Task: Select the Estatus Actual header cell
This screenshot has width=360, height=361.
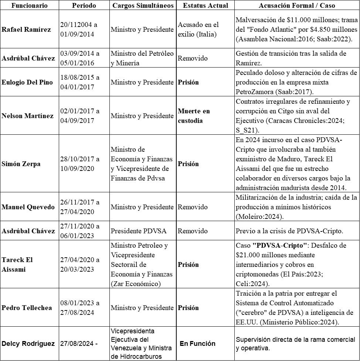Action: click(x=205, y=6)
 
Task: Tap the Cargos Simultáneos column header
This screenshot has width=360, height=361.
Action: click(x=143, y=6)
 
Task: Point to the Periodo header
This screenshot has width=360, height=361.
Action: click(x=84, y=6)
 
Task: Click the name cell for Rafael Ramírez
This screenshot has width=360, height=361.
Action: click(x=26, y=30)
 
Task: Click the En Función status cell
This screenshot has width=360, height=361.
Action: click(x=197, y=344)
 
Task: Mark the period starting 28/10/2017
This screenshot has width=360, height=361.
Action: click(x=80, y=164)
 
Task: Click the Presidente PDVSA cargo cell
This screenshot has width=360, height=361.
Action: click(x=139, y=231)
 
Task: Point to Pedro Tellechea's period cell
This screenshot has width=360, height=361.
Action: click(x=80, y=308)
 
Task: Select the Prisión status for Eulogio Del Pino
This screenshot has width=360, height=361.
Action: click(x=189, y=82)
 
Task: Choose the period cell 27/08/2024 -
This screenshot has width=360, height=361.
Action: click(x=78, y=344)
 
